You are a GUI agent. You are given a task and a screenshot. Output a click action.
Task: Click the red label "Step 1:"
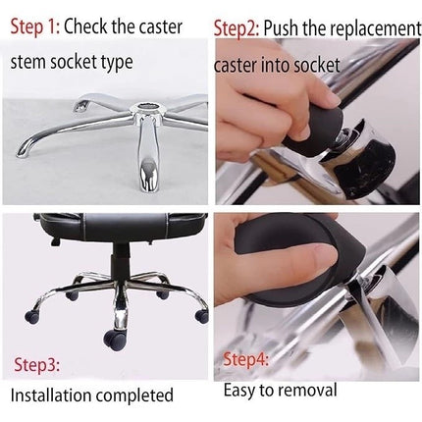tap(35, 26)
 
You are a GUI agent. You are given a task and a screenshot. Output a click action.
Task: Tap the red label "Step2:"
tap(237, 29)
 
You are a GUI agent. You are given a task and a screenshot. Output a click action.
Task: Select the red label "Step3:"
tap(36, 364)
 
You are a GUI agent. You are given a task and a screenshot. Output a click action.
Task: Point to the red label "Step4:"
tap(245, 359)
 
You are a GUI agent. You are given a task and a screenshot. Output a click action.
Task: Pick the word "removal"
tap(308, 391)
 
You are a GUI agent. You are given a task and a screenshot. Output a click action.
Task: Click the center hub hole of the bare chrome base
tap(149, 106)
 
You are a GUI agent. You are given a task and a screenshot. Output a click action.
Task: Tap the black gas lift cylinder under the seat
tap(119, 266)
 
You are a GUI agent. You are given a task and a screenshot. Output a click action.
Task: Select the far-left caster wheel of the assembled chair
tap(32, 316)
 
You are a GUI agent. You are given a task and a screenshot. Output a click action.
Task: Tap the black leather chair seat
tap(121, 228)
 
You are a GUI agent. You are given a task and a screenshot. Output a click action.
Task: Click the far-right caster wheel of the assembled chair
tap(201, 317)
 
